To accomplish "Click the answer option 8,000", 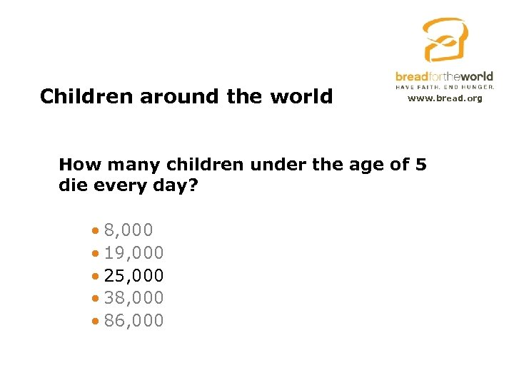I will [128, 230].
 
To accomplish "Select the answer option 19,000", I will [134, 252].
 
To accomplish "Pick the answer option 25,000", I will [134, 275].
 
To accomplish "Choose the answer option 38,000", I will [134, 298].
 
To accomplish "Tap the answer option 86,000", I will [134, 321].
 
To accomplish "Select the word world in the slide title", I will [304, 96].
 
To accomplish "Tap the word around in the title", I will [173, 96].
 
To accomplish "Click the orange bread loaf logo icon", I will [444, 40].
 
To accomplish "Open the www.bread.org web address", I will [444, 98].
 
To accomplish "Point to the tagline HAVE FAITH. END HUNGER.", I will [444, 87].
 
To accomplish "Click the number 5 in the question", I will [420, 165].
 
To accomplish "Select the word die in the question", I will [72, 186].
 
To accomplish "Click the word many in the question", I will [137, 165].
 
